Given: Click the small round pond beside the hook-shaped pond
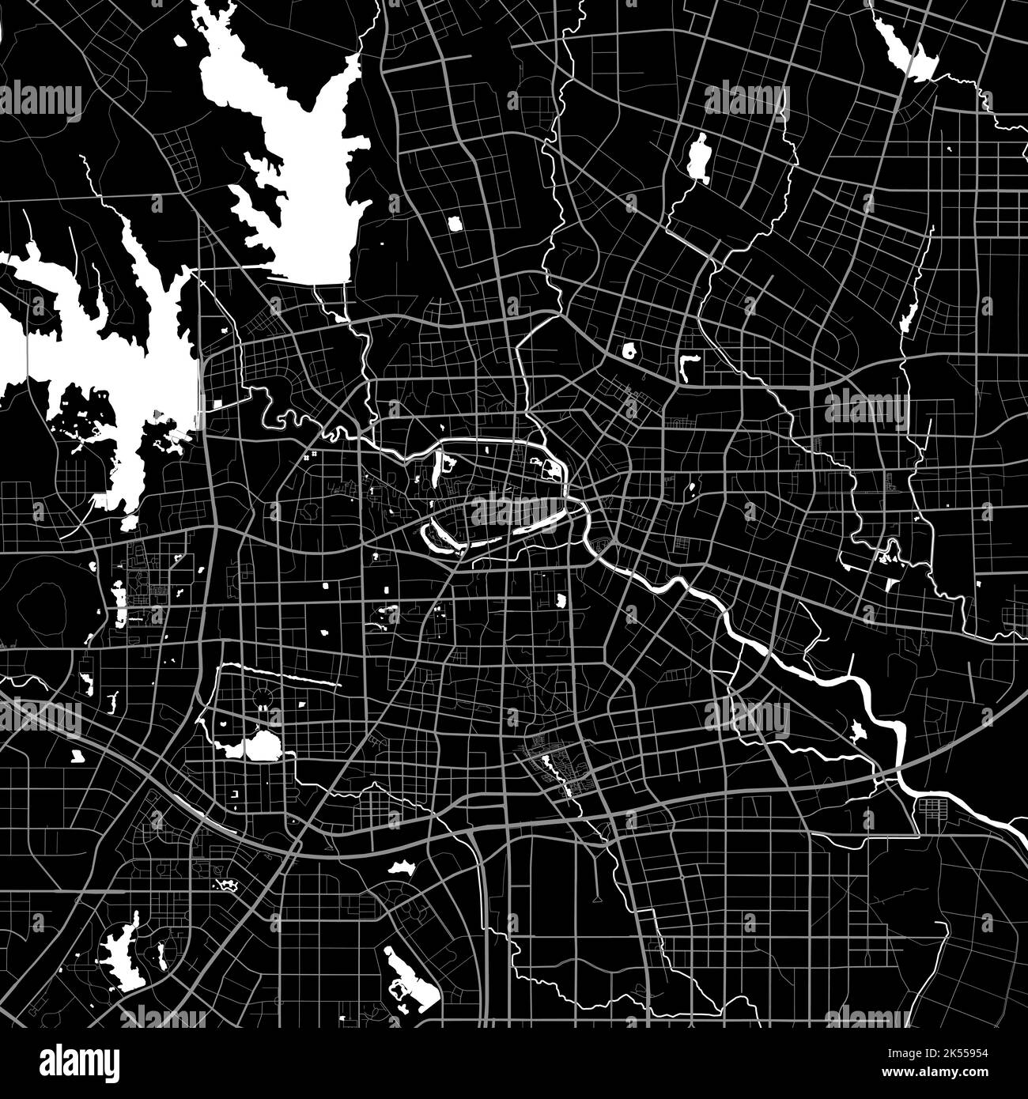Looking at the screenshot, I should [631, 350].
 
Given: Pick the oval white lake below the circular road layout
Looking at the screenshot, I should [258, 746].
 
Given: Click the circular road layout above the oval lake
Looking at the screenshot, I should [260, 698].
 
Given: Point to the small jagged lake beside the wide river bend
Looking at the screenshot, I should [858, 731].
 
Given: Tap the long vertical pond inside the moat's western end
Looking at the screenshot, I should [444, 473].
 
